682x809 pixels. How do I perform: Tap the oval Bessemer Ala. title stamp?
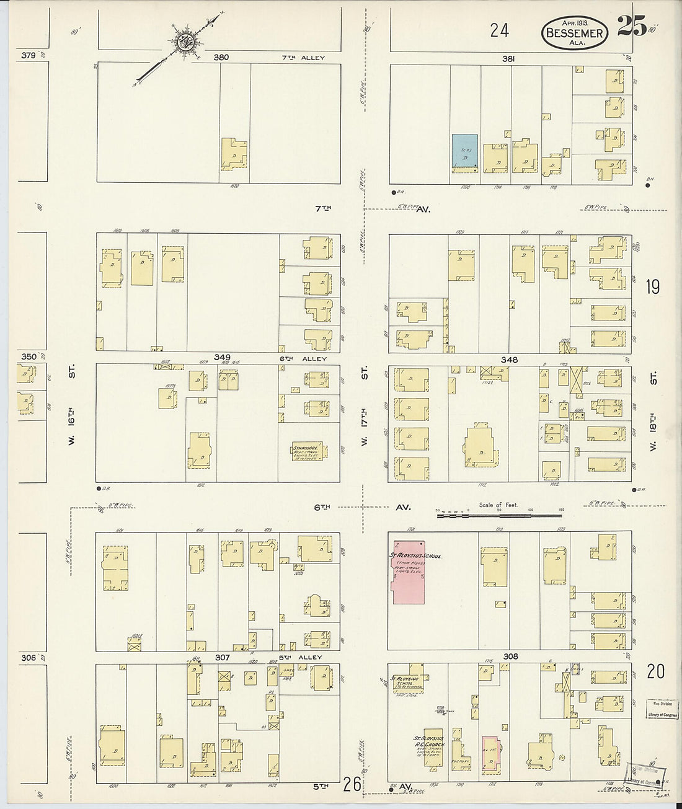(x=574, y=32)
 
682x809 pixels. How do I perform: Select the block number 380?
(x=221, y=57)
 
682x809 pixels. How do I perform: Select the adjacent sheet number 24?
(x=499, y=30)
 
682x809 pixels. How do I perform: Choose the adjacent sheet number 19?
(x=652, y=287)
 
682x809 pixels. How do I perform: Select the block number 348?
(x=511, y=360)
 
